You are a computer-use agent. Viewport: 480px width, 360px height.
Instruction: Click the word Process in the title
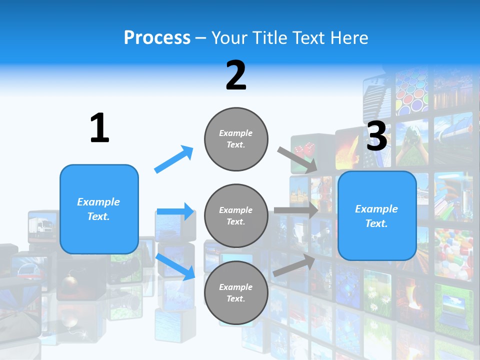(x=157, y=37)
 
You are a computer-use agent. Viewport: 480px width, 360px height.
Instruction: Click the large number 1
(x=99, y=128)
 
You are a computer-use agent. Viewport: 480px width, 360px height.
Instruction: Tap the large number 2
(x=235, y=75)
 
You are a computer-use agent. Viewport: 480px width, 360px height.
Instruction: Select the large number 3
(x=376, y=136)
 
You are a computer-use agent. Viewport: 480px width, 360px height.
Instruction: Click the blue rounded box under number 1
(x=99, y=209)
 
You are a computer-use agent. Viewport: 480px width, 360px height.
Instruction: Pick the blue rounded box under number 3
(x=377, y=216)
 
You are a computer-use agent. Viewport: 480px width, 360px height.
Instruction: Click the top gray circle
(x=236, y=139)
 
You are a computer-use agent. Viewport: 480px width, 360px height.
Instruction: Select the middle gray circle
(x=236, y=215)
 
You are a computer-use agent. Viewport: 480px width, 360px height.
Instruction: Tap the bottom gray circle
(x=236, y=292)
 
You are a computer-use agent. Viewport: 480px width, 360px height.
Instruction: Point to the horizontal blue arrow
(x=175, y=211)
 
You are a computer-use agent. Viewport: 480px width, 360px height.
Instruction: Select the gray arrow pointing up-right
(x=294, y=265)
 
